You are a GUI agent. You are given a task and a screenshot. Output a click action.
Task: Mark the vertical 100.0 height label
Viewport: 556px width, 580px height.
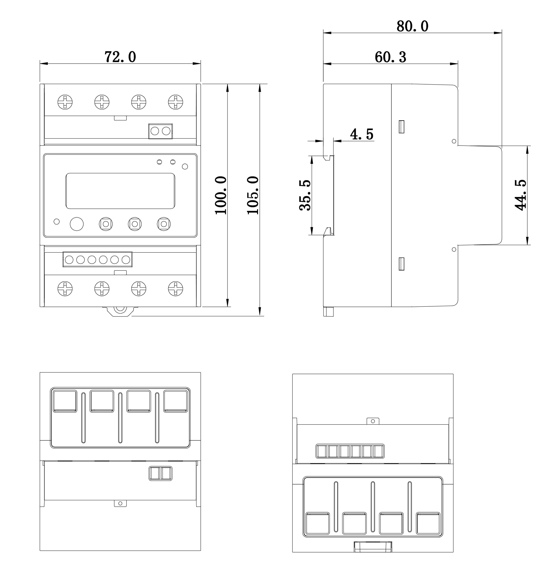click(221, 195)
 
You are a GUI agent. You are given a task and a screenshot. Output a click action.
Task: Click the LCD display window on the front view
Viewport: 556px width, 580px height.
click(120, 191)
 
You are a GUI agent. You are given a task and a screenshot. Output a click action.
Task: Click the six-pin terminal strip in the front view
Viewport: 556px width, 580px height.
click(97, 260)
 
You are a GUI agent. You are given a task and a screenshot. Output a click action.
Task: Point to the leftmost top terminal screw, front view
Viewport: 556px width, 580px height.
click(65, 102)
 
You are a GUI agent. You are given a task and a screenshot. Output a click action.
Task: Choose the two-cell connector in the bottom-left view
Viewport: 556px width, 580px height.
click(160, 473)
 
